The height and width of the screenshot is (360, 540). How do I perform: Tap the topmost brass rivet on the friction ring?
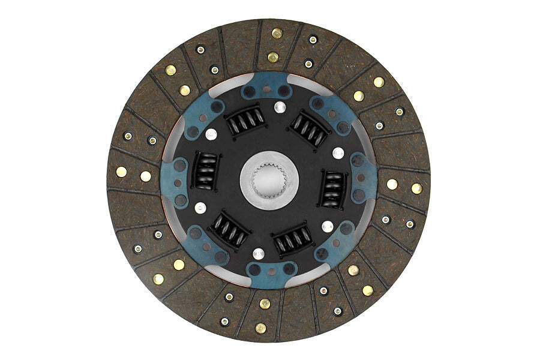pos(277,34)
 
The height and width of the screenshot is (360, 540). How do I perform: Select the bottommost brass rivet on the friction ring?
pos(260,328)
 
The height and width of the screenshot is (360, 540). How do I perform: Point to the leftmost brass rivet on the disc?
pos(121,172)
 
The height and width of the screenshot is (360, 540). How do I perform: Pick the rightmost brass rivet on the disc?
pos(416,188)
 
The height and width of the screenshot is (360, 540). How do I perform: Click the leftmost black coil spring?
pos(205,170)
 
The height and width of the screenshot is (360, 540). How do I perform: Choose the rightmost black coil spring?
pos(331,188)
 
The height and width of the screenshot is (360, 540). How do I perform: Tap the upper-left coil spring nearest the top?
pos(245,122)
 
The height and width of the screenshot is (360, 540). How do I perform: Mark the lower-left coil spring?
pos(229,229)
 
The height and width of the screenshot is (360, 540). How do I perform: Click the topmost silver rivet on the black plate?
pos(278,108)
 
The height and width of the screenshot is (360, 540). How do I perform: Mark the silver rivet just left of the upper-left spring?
pos(211,134)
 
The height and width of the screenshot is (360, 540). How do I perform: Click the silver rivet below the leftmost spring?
pos(200,208)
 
